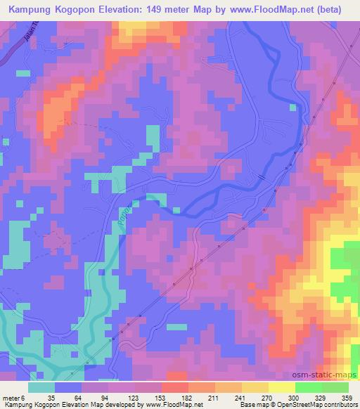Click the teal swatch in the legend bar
(41, 387)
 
